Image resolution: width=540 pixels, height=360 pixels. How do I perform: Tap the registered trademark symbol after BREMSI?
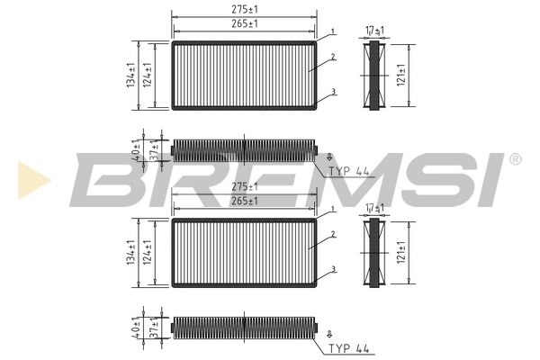[515, 159]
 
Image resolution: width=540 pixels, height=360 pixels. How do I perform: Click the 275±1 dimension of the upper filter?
[245, 10]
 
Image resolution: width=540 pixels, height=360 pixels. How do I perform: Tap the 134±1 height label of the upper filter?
[131, 76]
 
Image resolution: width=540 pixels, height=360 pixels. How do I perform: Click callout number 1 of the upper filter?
[333, 31]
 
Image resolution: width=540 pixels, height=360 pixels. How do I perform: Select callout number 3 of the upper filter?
[333, 92]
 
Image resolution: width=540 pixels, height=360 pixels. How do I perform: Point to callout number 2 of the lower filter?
[333, 235]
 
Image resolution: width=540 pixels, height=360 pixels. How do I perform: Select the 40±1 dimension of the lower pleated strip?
[135, 328]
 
